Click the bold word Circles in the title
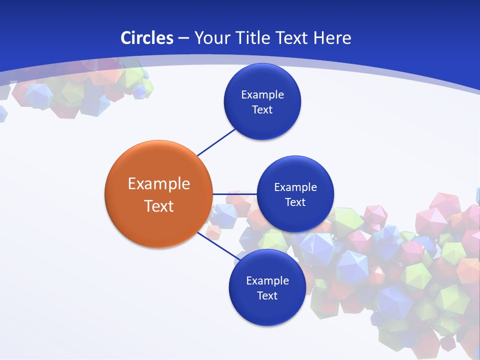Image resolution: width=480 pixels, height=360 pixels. tap(147, 38)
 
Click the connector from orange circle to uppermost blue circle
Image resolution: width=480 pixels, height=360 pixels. tap(216, 142)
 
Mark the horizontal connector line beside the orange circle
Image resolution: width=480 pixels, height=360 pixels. tap(234, 193)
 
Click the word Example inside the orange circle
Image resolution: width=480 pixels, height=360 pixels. tap(159, 183)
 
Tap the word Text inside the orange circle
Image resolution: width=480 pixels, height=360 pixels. tap(159, 205)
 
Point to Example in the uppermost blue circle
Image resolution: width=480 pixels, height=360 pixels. tap(262, 94)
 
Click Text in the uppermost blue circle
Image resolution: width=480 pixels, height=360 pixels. tap(262, 109)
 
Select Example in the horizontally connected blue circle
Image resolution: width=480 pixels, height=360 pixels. tap(295, 187)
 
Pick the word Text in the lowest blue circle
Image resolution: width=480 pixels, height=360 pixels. tap(267, 295)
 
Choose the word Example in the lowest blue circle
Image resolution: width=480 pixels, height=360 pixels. tap(267, 280)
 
